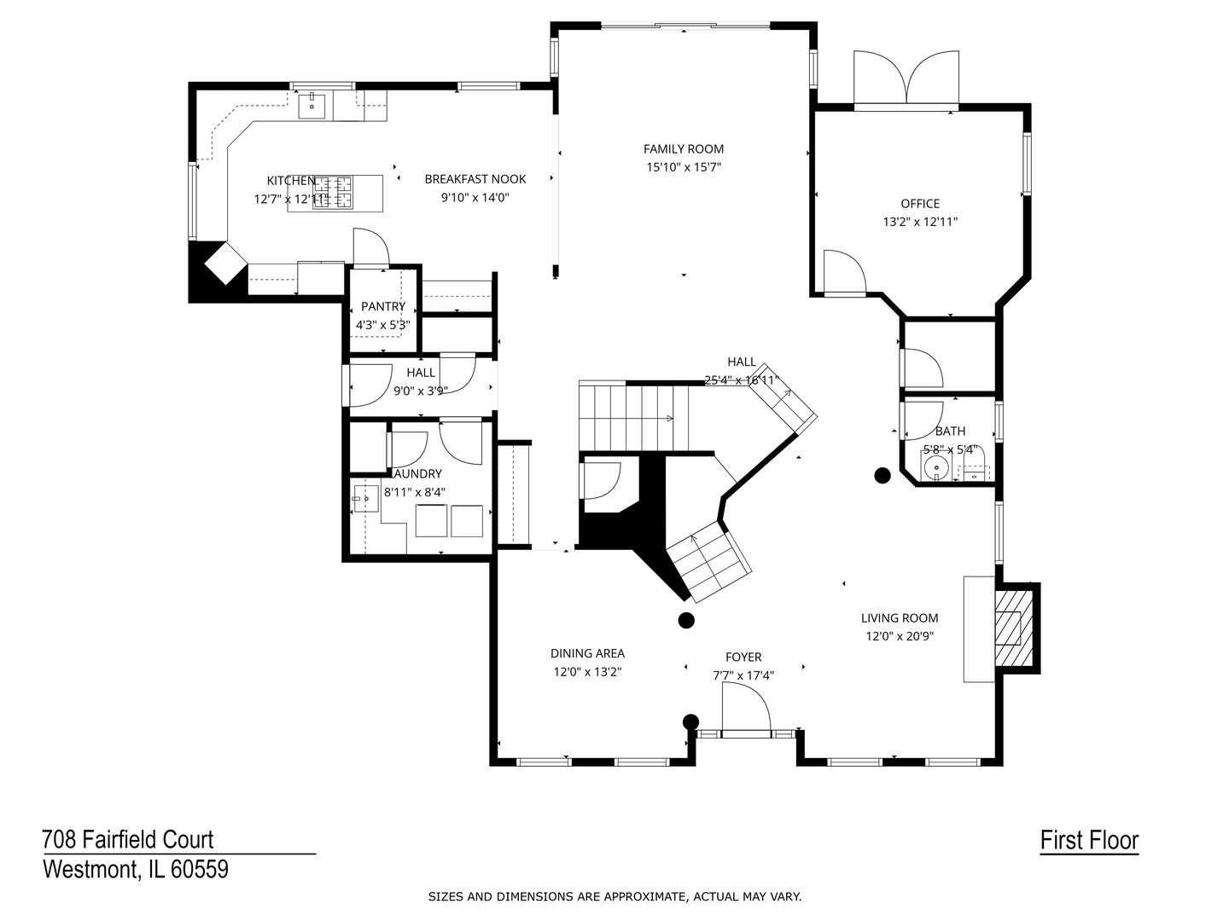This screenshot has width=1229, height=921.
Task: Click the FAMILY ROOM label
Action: pos(683,149)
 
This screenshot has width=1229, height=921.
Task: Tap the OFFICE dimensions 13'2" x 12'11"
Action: pos(920,222)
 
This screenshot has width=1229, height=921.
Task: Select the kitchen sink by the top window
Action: pos(312,107)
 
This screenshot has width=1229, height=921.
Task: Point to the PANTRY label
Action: pos(383,306)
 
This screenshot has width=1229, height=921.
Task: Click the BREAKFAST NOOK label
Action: pos(475,179)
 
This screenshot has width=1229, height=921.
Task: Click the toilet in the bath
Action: pos(974,467)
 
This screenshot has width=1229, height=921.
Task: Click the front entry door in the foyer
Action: pos(745,710)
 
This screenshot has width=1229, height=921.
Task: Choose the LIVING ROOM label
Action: pos(899,618)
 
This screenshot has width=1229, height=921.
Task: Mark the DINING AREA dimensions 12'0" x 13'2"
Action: pos(587,672)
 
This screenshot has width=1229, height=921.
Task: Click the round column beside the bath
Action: pos(882,475)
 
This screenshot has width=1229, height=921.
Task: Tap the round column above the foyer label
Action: pos(685,620)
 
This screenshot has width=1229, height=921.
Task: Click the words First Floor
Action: pos(1089,840)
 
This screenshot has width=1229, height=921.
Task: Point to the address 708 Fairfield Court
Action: pos(128,839)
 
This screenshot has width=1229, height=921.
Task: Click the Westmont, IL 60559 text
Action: pos(135,870)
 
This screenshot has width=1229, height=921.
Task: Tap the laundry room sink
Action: pos(365,496)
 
